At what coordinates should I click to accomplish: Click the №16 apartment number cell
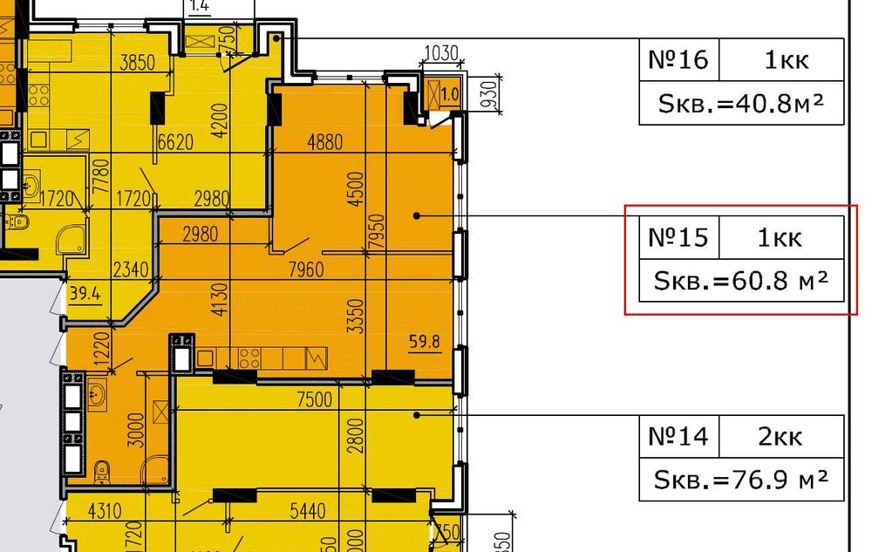pos(678,60)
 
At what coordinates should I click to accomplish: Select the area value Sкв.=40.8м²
pos(742,105)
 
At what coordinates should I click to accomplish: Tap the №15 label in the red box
pos(678,237)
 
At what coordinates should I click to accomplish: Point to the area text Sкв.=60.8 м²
pos(742,281)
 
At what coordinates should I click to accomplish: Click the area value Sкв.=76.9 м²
pos(742,480)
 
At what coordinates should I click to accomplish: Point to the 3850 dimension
pos(138,63)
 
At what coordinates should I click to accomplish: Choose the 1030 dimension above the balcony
pos(441,53)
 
